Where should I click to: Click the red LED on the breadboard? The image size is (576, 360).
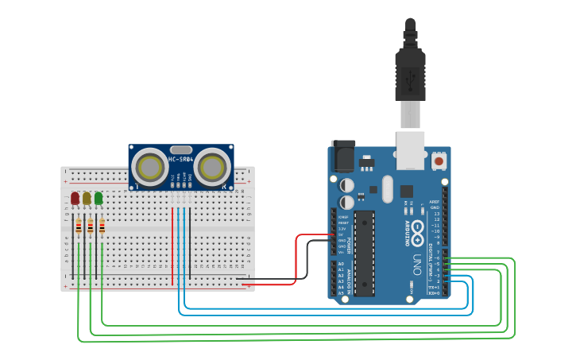(x=75, y=198)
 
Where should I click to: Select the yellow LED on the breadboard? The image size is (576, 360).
(x=87, y=198)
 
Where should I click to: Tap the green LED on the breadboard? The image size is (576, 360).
(x=99, y=198)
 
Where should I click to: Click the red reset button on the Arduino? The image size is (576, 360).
(x=439, y=161)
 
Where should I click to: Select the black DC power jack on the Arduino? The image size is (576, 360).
(x=343, y=156)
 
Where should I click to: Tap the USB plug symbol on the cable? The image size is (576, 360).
(x=410, y=80)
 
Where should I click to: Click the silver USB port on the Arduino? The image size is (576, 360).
(x=411, y=150)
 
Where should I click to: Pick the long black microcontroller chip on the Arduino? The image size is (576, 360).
(x=365, y=254)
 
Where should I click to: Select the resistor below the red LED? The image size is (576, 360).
(x=78, y=228)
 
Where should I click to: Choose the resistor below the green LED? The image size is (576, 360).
(x=102, y=228)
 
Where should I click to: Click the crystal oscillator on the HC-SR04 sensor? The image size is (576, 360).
(x=181, y=149)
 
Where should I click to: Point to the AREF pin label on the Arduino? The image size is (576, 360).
(x=434, y=202)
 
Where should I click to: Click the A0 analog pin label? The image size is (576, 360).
(x=341, y=263)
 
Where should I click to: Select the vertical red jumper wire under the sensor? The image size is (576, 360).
(x=172, y=246)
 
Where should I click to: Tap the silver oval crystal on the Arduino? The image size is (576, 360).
(x=387, y=189)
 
